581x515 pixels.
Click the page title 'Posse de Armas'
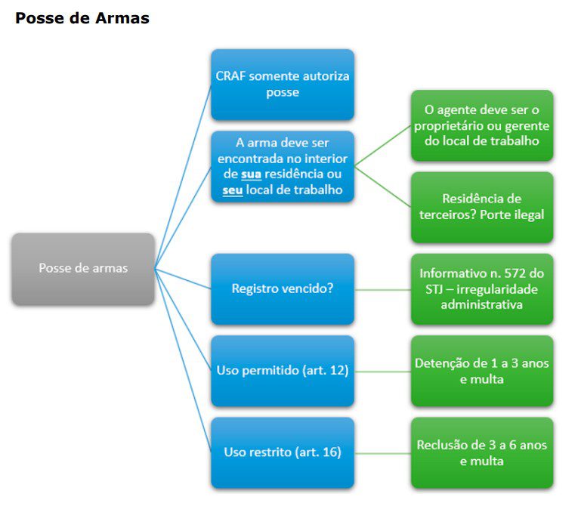click(82, 18)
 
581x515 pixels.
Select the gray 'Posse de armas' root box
click(83, 268)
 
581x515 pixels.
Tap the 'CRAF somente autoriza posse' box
click(283, 84)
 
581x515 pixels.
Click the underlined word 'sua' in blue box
click(252, 174)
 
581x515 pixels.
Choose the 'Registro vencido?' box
click(283, 288)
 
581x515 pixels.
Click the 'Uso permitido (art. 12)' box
click(283, 371)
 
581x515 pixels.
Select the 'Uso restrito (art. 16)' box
click(283, 452)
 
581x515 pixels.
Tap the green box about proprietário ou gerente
click(482, 125)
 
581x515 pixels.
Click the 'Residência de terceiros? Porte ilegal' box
click(482, 207)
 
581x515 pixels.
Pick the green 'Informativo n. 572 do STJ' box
click(482, 288)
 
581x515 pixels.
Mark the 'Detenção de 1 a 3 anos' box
click(482, 371)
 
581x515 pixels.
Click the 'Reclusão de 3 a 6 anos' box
click(482, 452)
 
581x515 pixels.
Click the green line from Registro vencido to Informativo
click(382, 289)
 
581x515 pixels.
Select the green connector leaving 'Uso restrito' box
click(382, 452)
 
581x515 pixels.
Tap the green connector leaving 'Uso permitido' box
click(382, 371)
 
